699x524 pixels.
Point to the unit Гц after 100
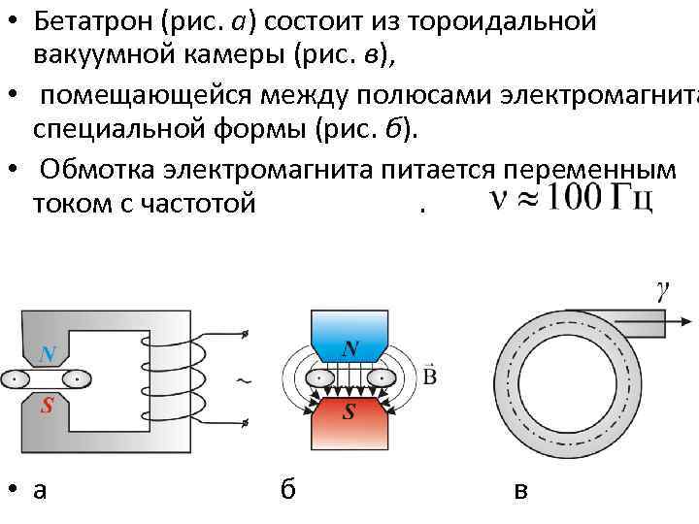(631, 200)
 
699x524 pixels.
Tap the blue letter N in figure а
(48, 354)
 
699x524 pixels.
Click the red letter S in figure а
(46, 407)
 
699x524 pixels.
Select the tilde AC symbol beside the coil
(244, 381)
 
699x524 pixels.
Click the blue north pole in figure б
(349, 340)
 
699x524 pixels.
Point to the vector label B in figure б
(430, 375)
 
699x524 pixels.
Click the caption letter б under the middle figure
(287, 490)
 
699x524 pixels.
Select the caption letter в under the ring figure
(521, 491)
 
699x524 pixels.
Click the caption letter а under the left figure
(40, 491)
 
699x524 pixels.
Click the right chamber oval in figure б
(383, 377)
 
